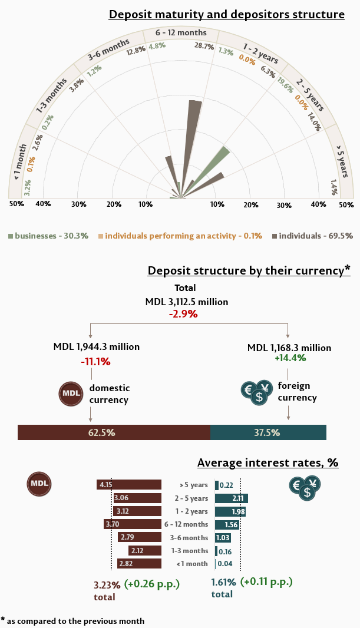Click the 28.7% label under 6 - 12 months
(204, 47)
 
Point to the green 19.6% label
(285, 86)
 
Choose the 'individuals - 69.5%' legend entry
(312, 236)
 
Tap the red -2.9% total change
(183, 314)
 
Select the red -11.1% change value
(95, 361)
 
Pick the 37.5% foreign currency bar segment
(268, 432)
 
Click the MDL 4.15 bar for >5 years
(129, 485)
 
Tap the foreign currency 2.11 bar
(232, 498)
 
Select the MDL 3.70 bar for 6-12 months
(133, 524)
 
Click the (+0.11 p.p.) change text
(266, 581)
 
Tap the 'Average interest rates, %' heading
(267, 462)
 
